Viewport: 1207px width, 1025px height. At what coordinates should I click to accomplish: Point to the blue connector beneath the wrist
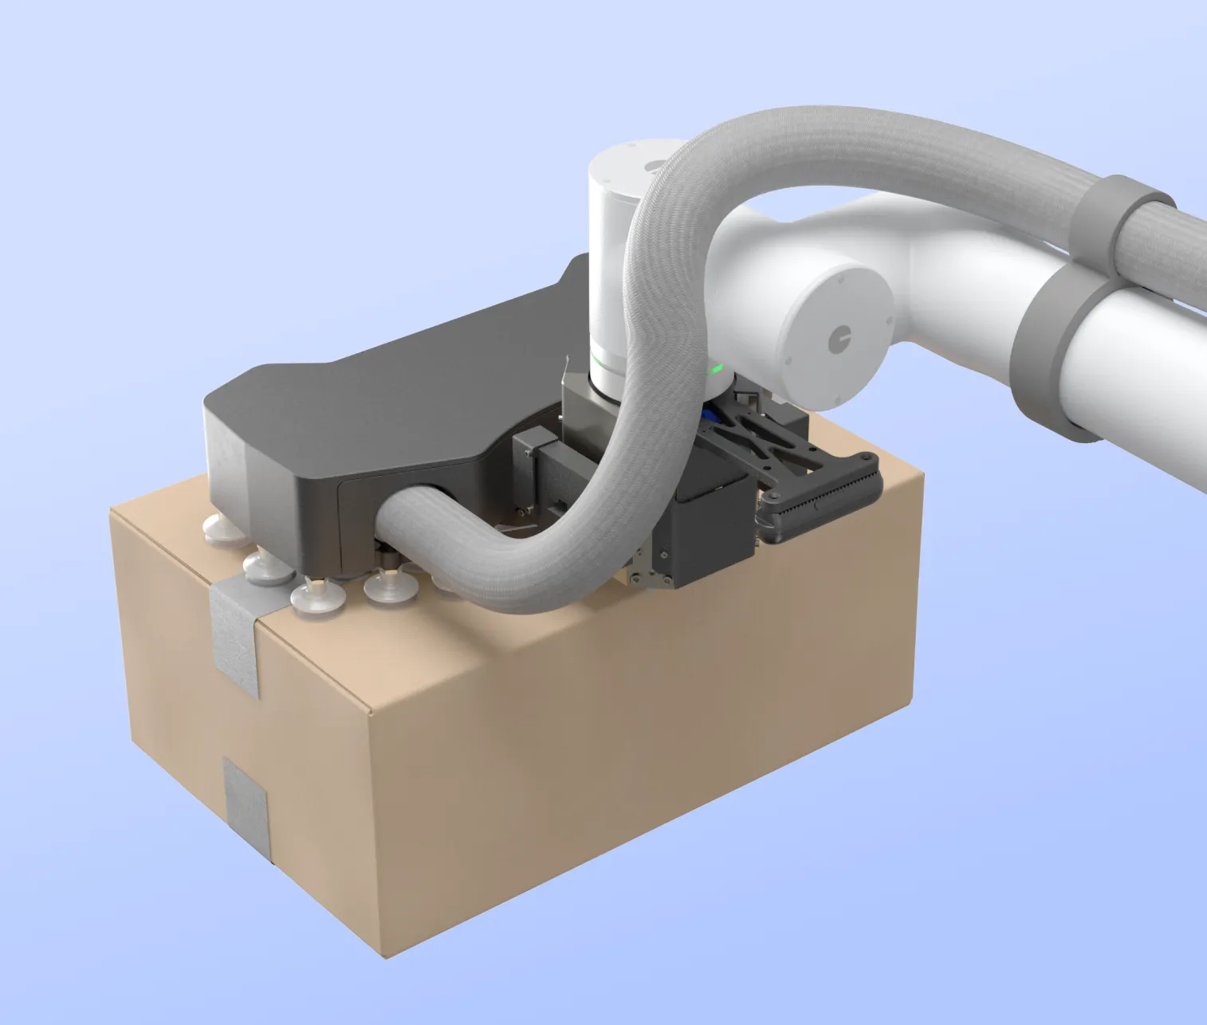711,415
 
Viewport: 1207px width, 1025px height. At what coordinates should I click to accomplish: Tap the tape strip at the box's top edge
235,630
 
